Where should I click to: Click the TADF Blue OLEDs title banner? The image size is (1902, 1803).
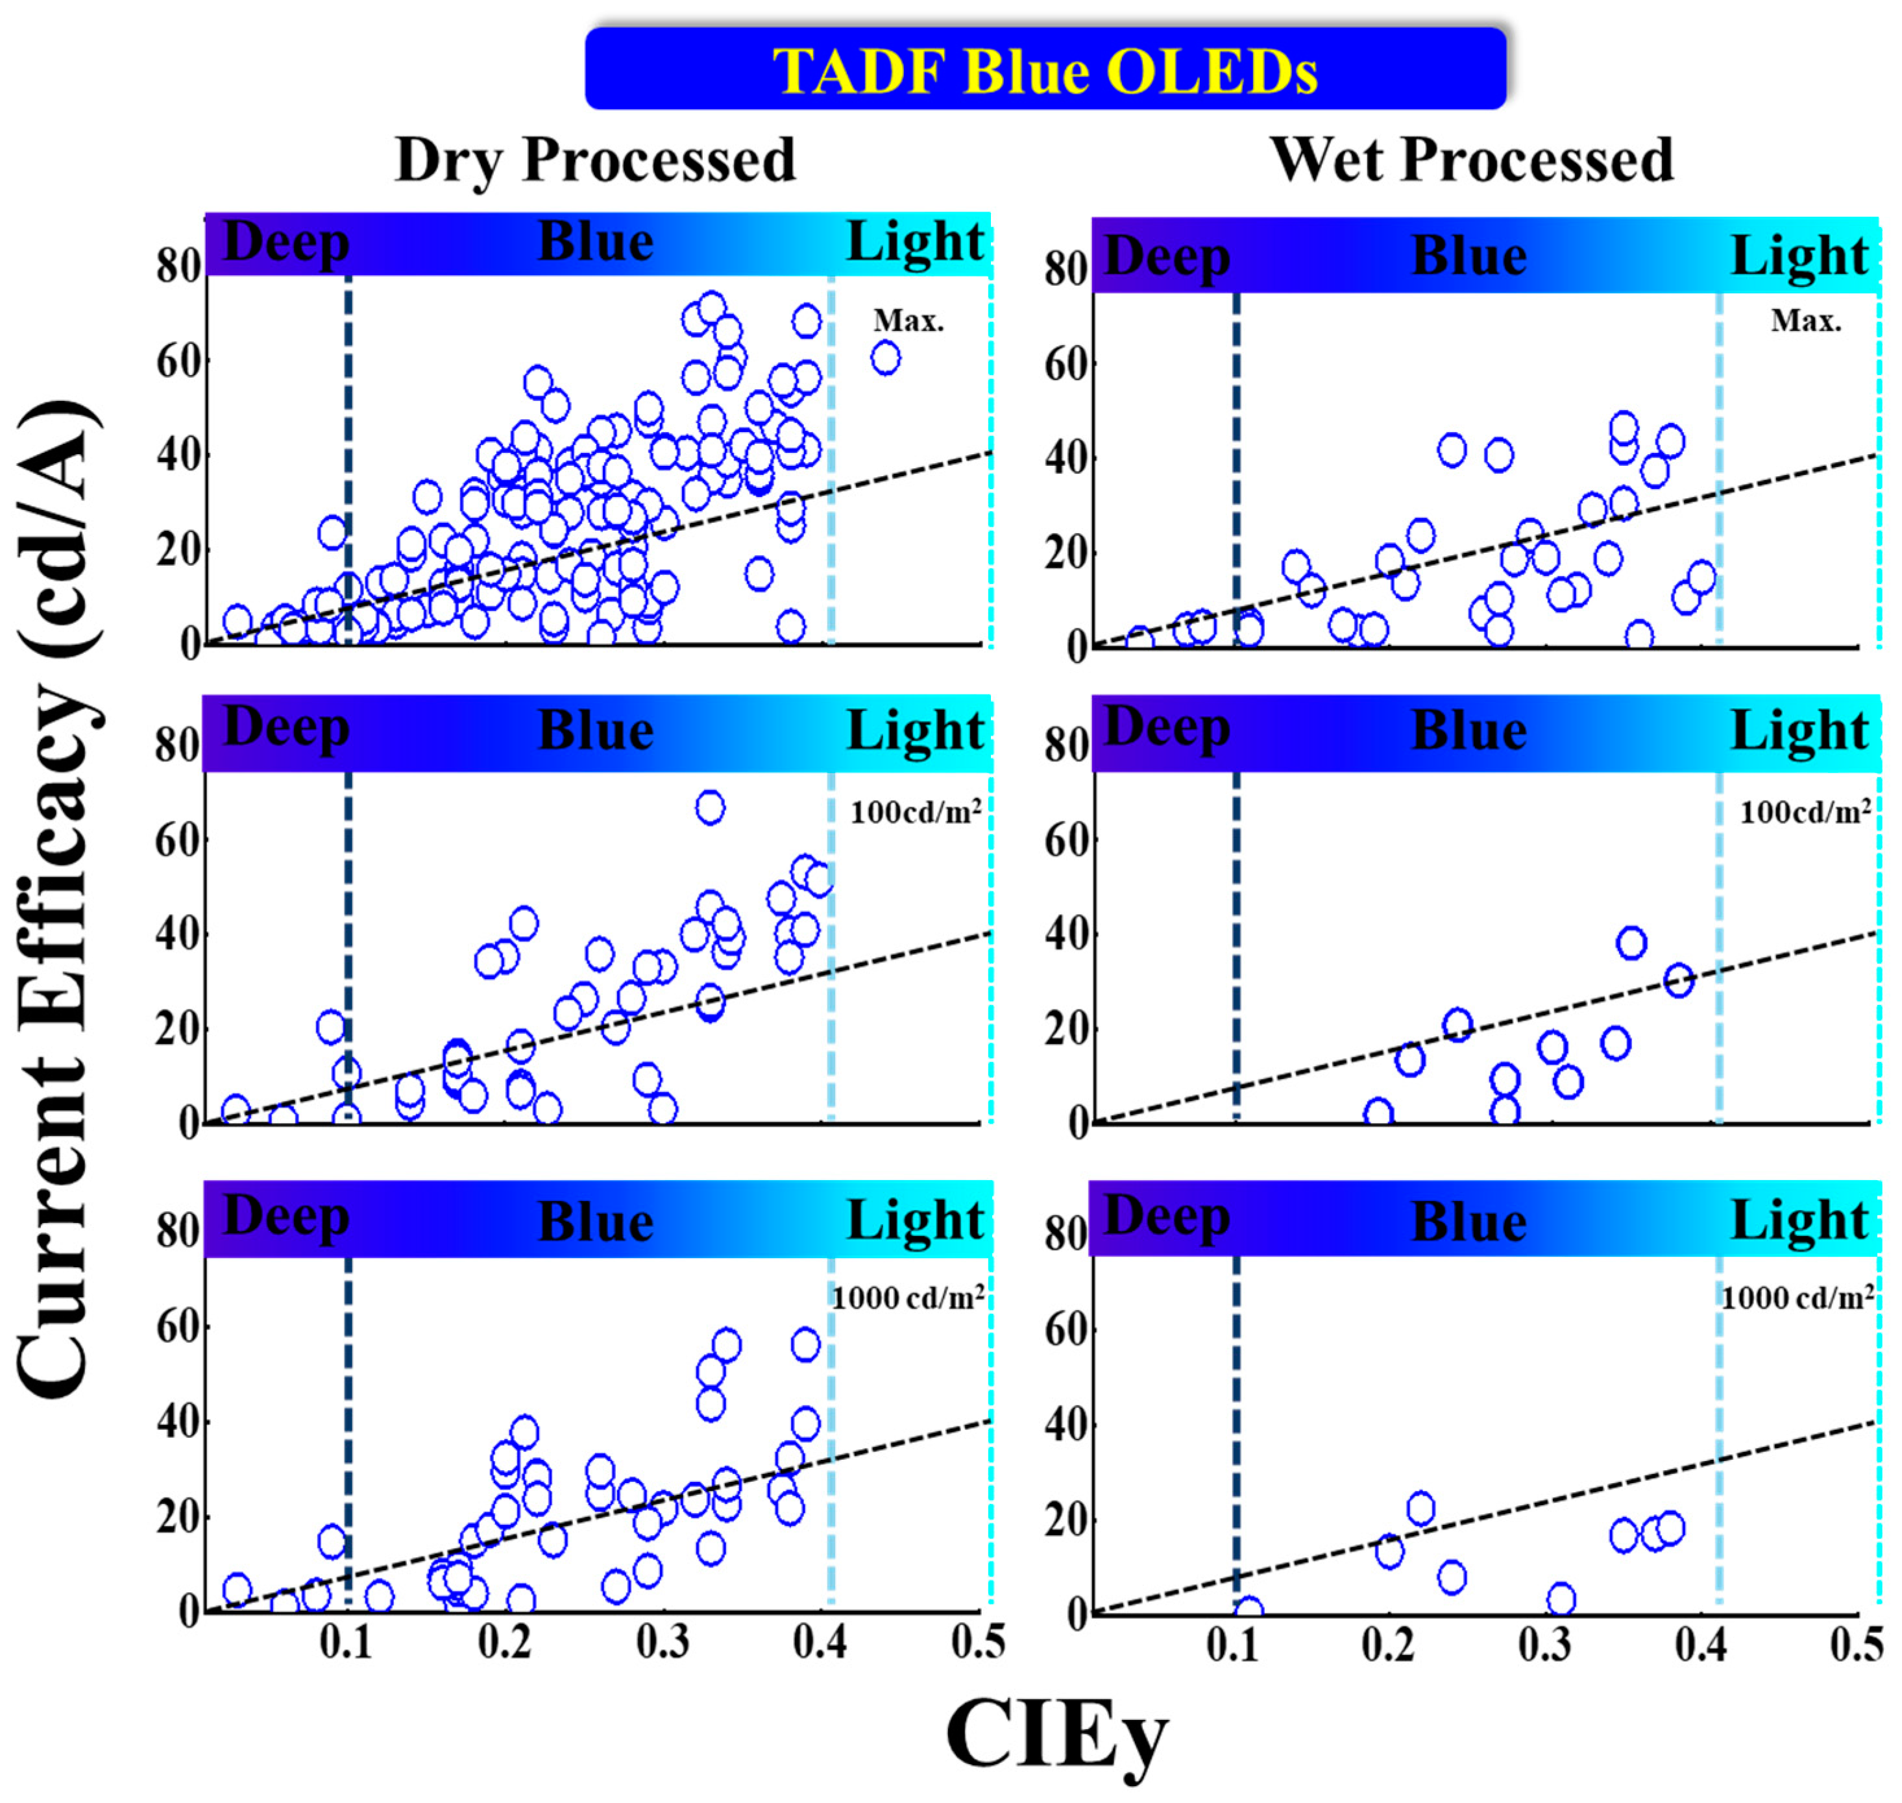pos(1045,69)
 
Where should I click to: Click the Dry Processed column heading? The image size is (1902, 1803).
pos(595,160)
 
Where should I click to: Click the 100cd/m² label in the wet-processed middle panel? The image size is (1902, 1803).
pos(1804,813)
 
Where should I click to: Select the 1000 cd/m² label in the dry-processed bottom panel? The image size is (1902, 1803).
pos(907,1298)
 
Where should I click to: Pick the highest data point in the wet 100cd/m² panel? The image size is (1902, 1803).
pos(1631,943)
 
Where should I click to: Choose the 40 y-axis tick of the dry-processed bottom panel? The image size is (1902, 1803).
pos(178,1422)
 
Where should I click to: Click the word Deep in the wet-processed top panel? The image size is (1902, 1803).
pos(1167,258)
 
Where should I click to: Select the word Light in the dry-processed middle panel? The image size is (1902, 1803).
pos(915,731)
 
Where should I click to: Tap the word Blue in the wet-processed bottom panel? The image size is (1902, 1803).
pos(1469,1222)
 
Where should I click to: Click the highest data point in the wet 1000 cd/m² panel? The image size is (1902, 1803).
pos(1420,1508)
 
